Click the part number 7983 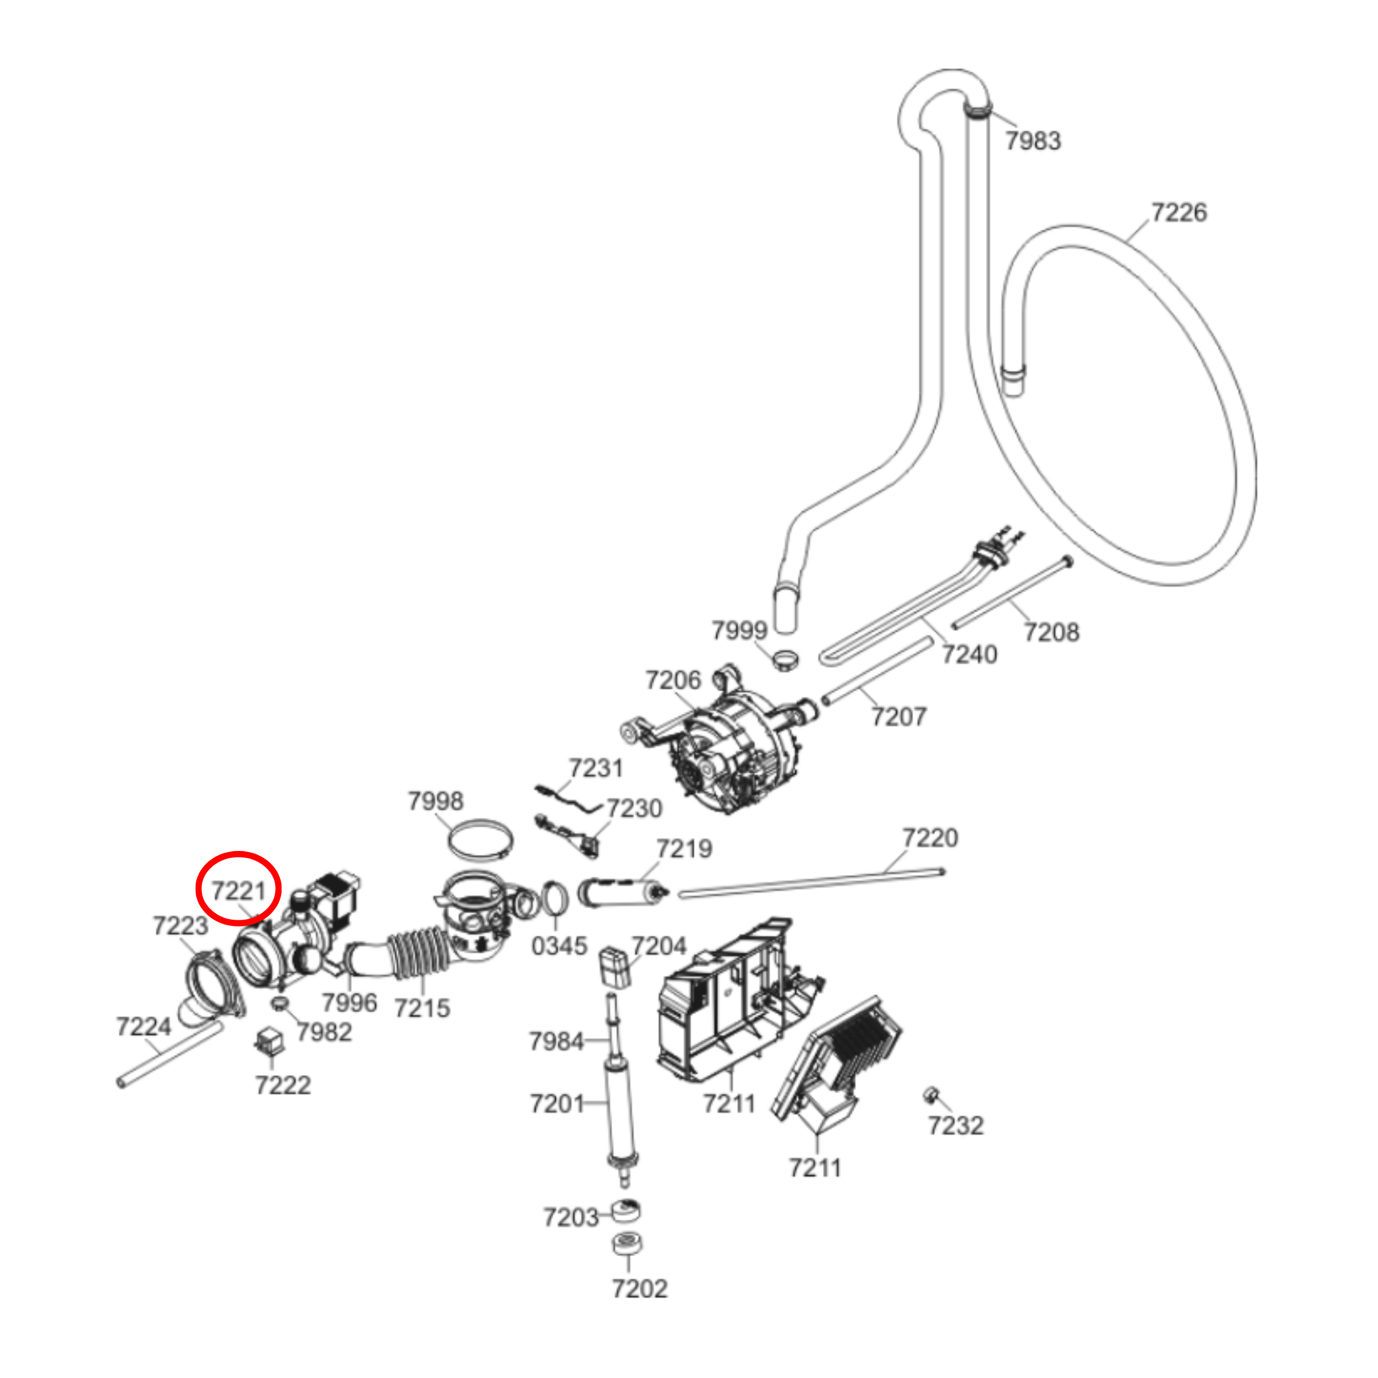(x=1033, y=141)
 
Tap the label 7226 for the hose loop (x=1179, y=212)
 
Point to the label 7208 (x=1051, y=631)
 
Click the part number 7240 (x=969, y=654)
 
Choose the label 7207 (x=898, y=716)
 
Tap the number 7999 (x=739, y=630)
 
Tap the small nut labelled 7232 (x=930, y=1094)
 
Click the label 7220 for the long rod (x=930, y=837)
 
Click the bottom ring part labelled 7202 (x=627, y=1243)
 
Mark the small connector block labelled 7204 (x=614, y=967)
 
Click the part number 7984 (x=556, y=1042)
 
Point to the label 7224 (x=144, y=1027)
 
